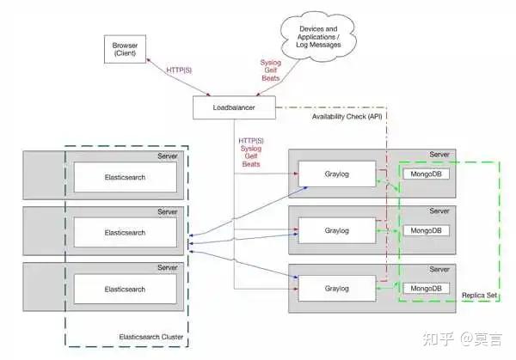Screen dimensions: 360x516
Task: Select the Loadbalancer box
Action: (x=234, y=108)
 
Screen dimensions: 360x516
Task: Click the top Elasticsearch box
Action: (x=126, y=176)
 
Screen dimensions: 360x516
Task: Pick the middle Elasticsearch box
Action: (x=126, y=232)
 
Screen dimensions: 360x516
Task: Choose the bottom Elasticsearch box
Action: (x=126, y=288)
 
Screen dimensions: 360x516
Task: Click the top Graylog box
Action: (x=336, y=174)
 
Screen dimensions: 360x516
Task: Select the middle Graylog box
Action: (x=336, y=230)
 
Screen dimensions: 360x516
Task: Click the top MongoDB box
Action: (x=425, y=174)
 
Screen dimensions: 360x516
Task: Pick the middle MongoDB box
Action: (x=425, y=230)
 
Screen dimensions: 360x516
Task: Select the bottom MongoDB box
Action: (x=425, y=288)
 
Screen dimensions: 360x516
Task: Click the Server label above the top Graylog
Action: (x=439, y=155)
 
